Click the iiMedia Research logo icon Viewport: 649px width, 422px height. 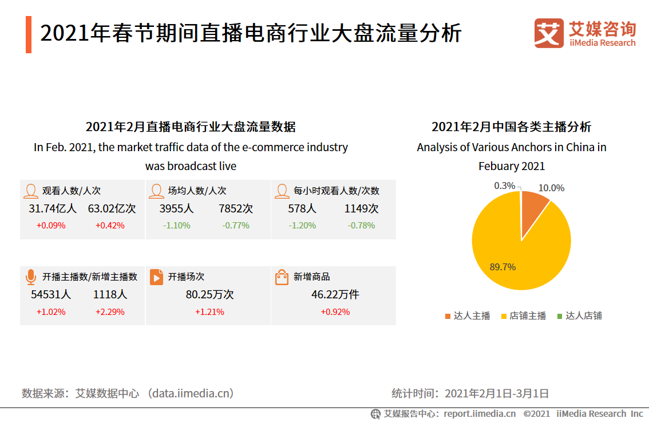[x=549, y=33]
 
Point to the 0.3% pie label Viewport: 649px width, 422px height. [x=504, y=186]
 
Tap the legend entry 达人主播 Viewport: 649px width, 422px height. [x=468, y=315]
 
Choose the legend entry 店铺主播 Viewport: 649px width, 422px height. [x=523, y=315]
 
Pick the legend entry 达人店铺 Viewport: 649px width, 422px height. [x=579, y=315]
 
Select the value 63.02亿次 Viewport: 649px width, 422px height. [x=112, y=208]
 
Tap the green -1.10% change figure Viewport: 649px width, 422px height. [x=176, y=226]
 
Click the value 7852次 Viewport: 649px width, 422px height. [x=236, y=208]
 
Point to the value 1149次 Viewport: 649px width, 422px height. [x=361, y=208]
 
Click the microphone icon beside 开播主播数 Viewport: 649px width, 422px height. [x=30, y=277]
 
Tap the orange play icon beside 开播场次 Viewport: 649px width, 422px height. [x=156, y=277]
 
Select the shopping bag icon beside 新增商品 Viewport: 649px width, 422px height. [x=282, y=277]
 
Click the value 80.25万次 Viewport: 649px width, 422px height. [x=209, y=295]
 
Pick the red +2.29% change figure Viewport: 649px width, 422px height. [x=110, y=312]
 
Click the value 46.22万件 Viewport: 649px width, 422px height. [x=335, y=295]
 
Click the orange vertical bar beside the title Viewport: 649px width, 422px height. [x=28, y=34]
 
